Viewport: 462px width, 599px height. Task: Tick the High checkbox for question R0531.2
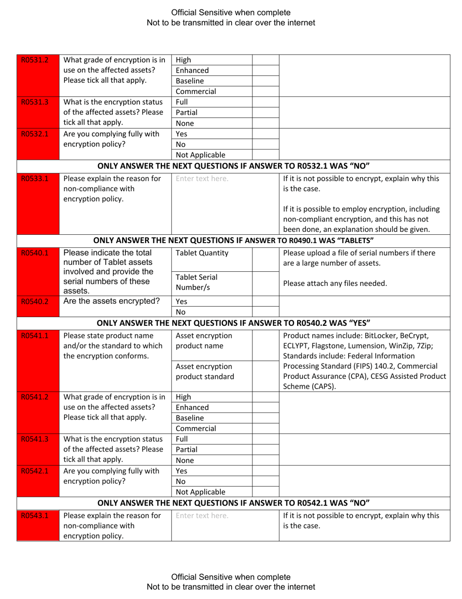tap(266, 60)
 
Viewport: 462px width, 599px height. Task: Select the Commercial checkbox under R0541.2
tap(266, 429)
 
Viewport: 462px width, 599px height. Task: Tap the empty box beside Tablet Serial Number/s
tap(266, 282)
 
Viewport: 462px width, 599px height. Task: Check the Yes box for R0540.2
tap(266, 301)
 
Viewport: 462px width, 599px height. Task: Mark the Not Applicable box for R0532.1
tap(266, 155)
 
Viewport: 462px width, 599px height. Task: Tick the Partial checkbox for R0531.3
tap(266, 112)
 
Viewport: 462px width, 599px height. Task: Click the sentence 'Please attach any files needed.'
tap(335, 282)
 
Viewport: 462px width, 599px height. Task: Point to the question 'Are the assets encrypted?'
tap(112, 300)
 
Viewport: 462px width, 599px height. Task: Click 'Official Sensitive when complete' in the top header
tap(231, 12)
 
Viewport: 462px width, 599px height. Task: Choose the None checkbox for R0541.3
tap(266, 460)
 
